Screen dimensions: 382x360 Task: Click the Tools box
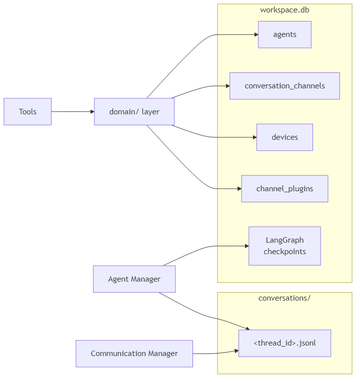coord(27,111)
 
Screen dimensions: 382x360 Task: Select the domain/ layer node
coord(134,111)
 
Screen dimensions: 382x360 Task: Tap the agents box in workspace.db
coord(284,34)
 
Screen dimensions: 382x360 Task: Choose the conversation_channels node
coord(284,86)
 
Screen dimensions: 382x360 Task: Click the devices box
coord(284,137)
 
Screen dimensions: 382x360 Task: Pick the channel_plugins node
coord(284,189)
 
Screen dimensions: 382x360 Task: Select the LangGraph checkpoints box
coord(284,246)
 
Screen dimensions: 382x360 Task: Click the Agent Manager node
coord(134,279)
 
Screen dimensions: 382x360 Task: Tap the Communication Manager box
coord(134,354)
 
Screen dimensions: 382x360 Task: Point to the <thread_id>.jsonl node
coord(284,343)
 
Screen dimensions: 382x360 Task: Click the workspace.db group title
coord(284,10)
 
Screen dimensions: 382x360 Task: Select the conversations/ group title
coord(284,298)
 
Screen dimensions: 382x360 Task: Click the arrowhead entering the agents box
coord(255,34)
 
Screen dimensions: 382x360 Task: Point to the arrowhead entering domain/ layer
coord(91,111)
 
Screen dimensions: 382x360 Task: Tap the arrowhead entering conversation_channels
coord(227,86)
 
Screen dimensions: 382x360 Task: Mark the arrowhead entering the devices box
coord(254,137)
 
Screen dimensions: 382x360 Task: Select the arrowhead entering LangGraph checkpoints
coord(246,246)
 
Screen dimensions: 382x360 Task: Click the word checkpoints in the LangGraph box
coord(284,252)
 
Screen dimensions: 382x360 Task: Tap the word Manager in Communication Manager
coord(161,354)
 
